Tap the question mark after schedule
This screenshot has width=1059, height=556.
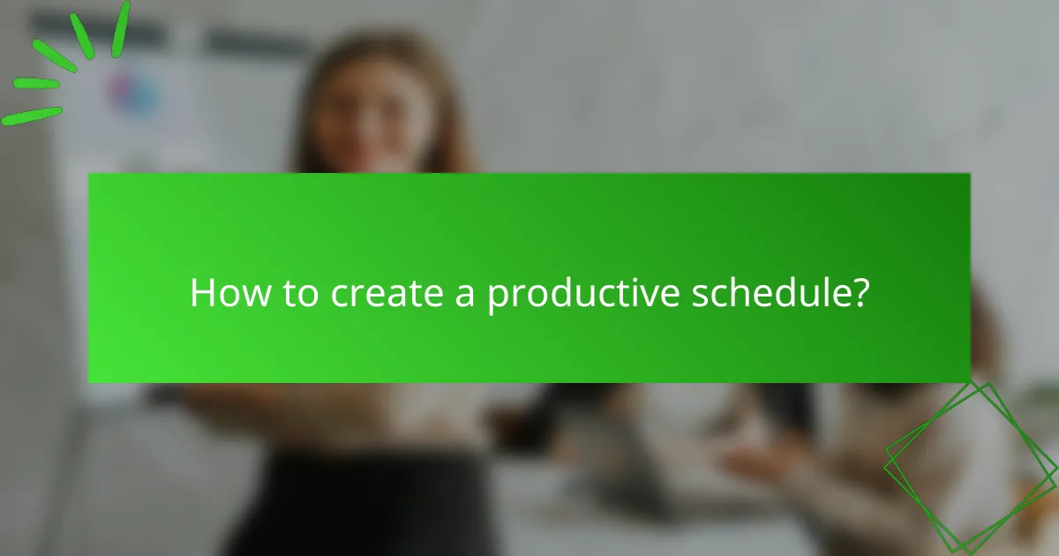coord(860,293)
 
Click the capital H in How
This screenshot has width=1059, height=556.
coord(202,293)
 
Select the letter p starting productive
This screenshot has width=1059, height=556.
coord(497,297)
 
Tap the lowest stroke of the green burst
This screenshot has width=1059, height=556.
coord(32,116)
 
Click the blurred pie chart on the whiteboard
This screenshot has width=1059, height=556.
coord(132,90)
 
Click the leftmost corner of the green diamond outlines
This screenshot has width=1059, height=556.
coord(886,459)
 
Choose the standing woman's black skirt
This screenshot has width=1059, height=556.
coord(371,503)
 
